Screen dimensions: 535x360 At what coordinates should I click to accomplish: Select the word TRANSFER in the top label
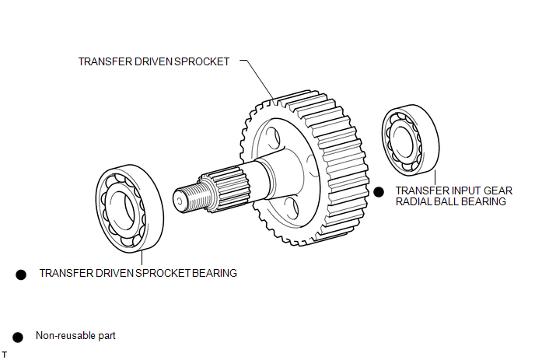coord(105,61)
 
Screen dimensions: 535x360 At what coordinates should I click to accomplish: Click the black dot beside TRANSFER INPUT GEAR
coord(379,192)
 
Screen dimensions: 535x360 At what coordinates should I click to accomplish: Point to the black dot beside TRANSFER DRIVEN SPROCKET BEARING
coord(21,274)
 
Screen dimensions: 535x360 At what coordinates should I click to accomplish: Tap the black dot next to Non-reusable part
coord(18,337)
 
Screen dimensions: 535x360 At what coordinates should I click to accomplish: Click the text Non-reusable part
coord(75,336)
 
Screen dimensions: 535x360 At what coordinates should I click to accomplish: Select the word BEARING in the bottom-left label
coord(215,274)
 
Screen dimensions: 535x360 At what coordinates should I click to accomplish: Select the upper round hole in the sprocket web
coord(273,138)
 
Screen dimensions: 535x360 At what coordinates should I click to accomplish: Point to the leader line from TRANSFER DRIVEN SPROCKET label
coord(257,80)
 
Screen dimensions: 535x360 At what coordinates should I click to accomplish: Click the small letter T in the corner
coord(5,355)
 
